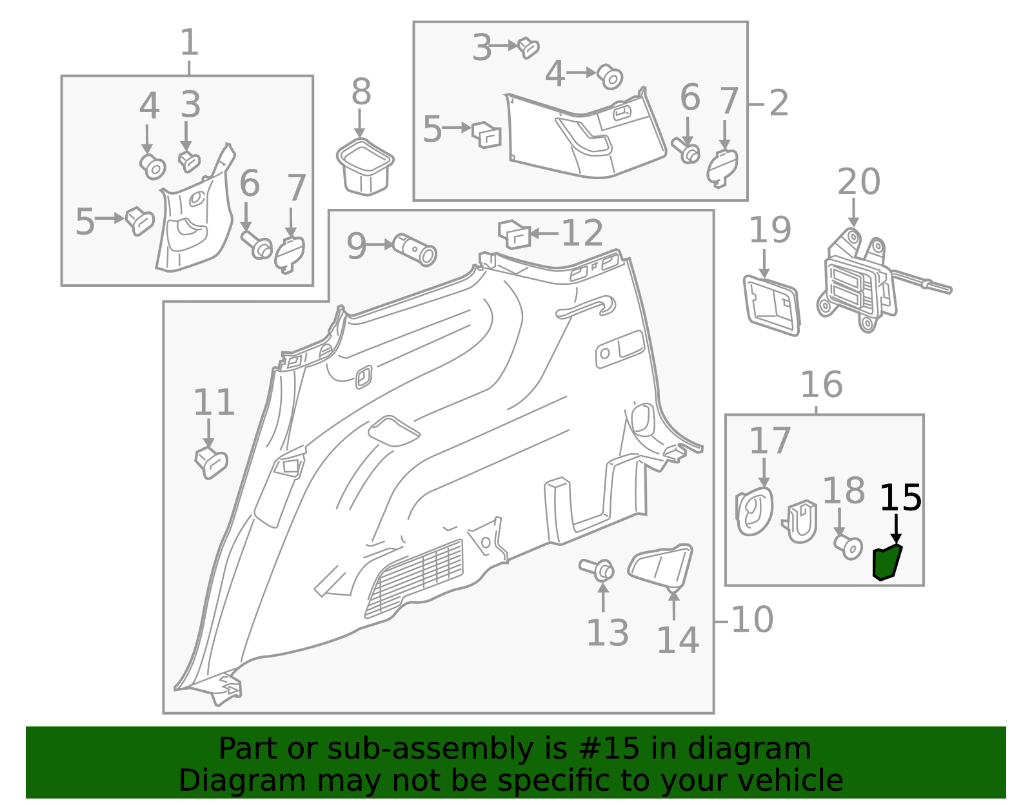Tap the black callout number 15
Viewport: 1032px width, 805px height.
coord(900,498)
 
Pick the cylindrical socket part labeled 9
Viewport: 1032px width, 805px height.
coord(415,249)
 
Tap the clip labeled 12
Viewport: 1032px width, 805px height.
coord(514,233)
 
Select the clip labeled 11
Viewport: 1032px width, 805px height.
coord(212,462)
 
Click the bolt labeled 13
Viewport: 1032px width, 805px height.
coord(597,568)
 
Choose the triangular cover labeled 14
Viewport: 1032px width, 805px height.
coord(660,565)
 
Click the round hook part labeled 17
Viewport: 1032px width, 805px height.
coord(754,511)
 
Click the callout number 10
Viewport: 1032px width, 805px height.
coord(752,620)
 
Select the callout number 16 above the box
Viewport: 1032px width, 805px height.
coord(821,385)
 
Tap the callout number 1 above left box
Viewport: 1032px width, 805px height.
coord(188,43)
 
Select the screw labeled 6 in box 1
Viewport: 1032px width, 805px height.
coord(257,245)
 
